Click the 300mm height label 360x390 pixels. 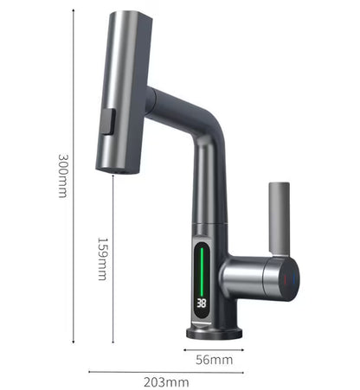[62, 176]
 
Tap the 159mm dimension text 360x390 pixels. [101, 259]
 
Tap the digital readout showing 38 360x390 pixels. [201, 304]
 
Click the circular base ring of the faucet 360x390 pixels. [208, 332]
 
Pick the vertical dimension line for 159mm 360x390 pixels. [112, 259]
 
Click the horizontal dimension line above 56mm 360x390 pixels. [213, 350]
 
